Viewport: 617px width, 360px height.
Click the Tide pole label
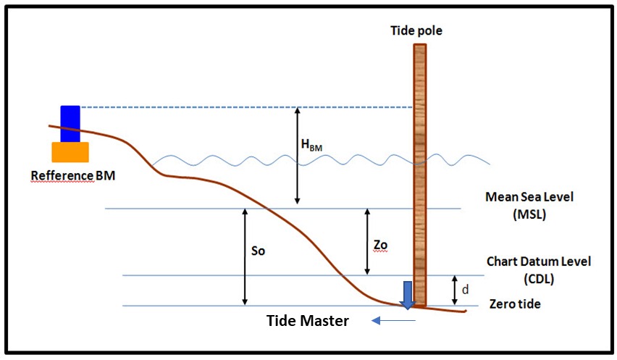416,30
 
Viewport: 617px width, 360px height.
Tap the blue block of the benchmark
70,124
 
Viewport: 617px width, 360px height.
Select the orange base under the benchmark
70,152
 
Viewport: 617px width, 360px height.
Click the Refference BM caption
73,175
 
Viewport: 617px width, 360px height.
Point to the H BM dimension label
311,145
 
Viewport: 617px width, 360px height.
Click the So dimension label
258,251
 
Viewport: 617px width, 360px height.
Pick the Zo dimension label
380,245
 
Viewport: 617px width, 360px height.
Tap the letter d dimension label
465,290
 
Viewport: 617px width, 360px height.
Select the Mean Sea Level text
529,197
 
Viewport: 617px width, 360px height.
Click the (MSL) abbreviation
529,214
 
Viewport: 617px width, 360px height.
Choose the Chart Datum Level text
539,261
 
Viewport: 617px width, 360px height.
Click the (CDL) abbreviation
539,279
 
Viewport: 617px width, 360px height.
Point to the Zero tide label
515,304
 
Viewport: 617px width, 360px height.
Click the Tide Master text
307,321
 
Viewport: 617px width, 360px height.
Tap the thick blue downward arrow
408,295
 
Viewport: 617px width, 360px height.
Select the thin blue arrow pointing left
393,321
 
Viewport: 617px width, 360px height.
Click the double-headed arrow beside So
245,257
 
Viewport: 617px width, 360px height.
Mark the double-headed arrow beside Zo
367,242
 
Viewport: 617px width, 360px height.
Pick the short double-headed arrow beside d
455,290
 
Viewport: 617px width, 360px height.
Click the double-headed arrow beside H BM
298,156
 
